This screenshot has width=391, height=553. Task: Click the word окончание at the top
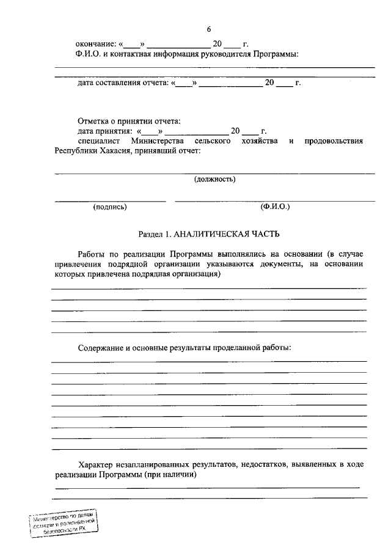(95, 44)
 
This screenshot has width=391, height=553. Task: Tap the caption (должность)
(215, 179)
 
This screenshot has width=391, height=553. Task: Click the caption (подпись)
(110, 207)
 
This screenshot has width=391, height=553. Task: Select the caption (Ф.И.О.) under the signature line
(275, 207)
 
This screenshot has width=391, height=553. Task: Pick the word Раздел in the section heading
(150, 233)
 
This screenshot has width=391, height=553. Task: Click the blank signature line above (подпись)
(110, 200)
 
